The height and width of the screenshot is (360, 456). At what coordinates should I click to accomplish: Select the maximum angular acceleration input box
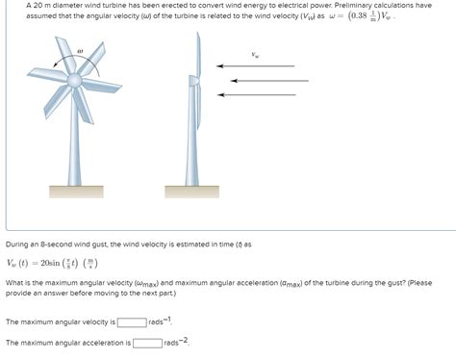pos(147,343)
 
